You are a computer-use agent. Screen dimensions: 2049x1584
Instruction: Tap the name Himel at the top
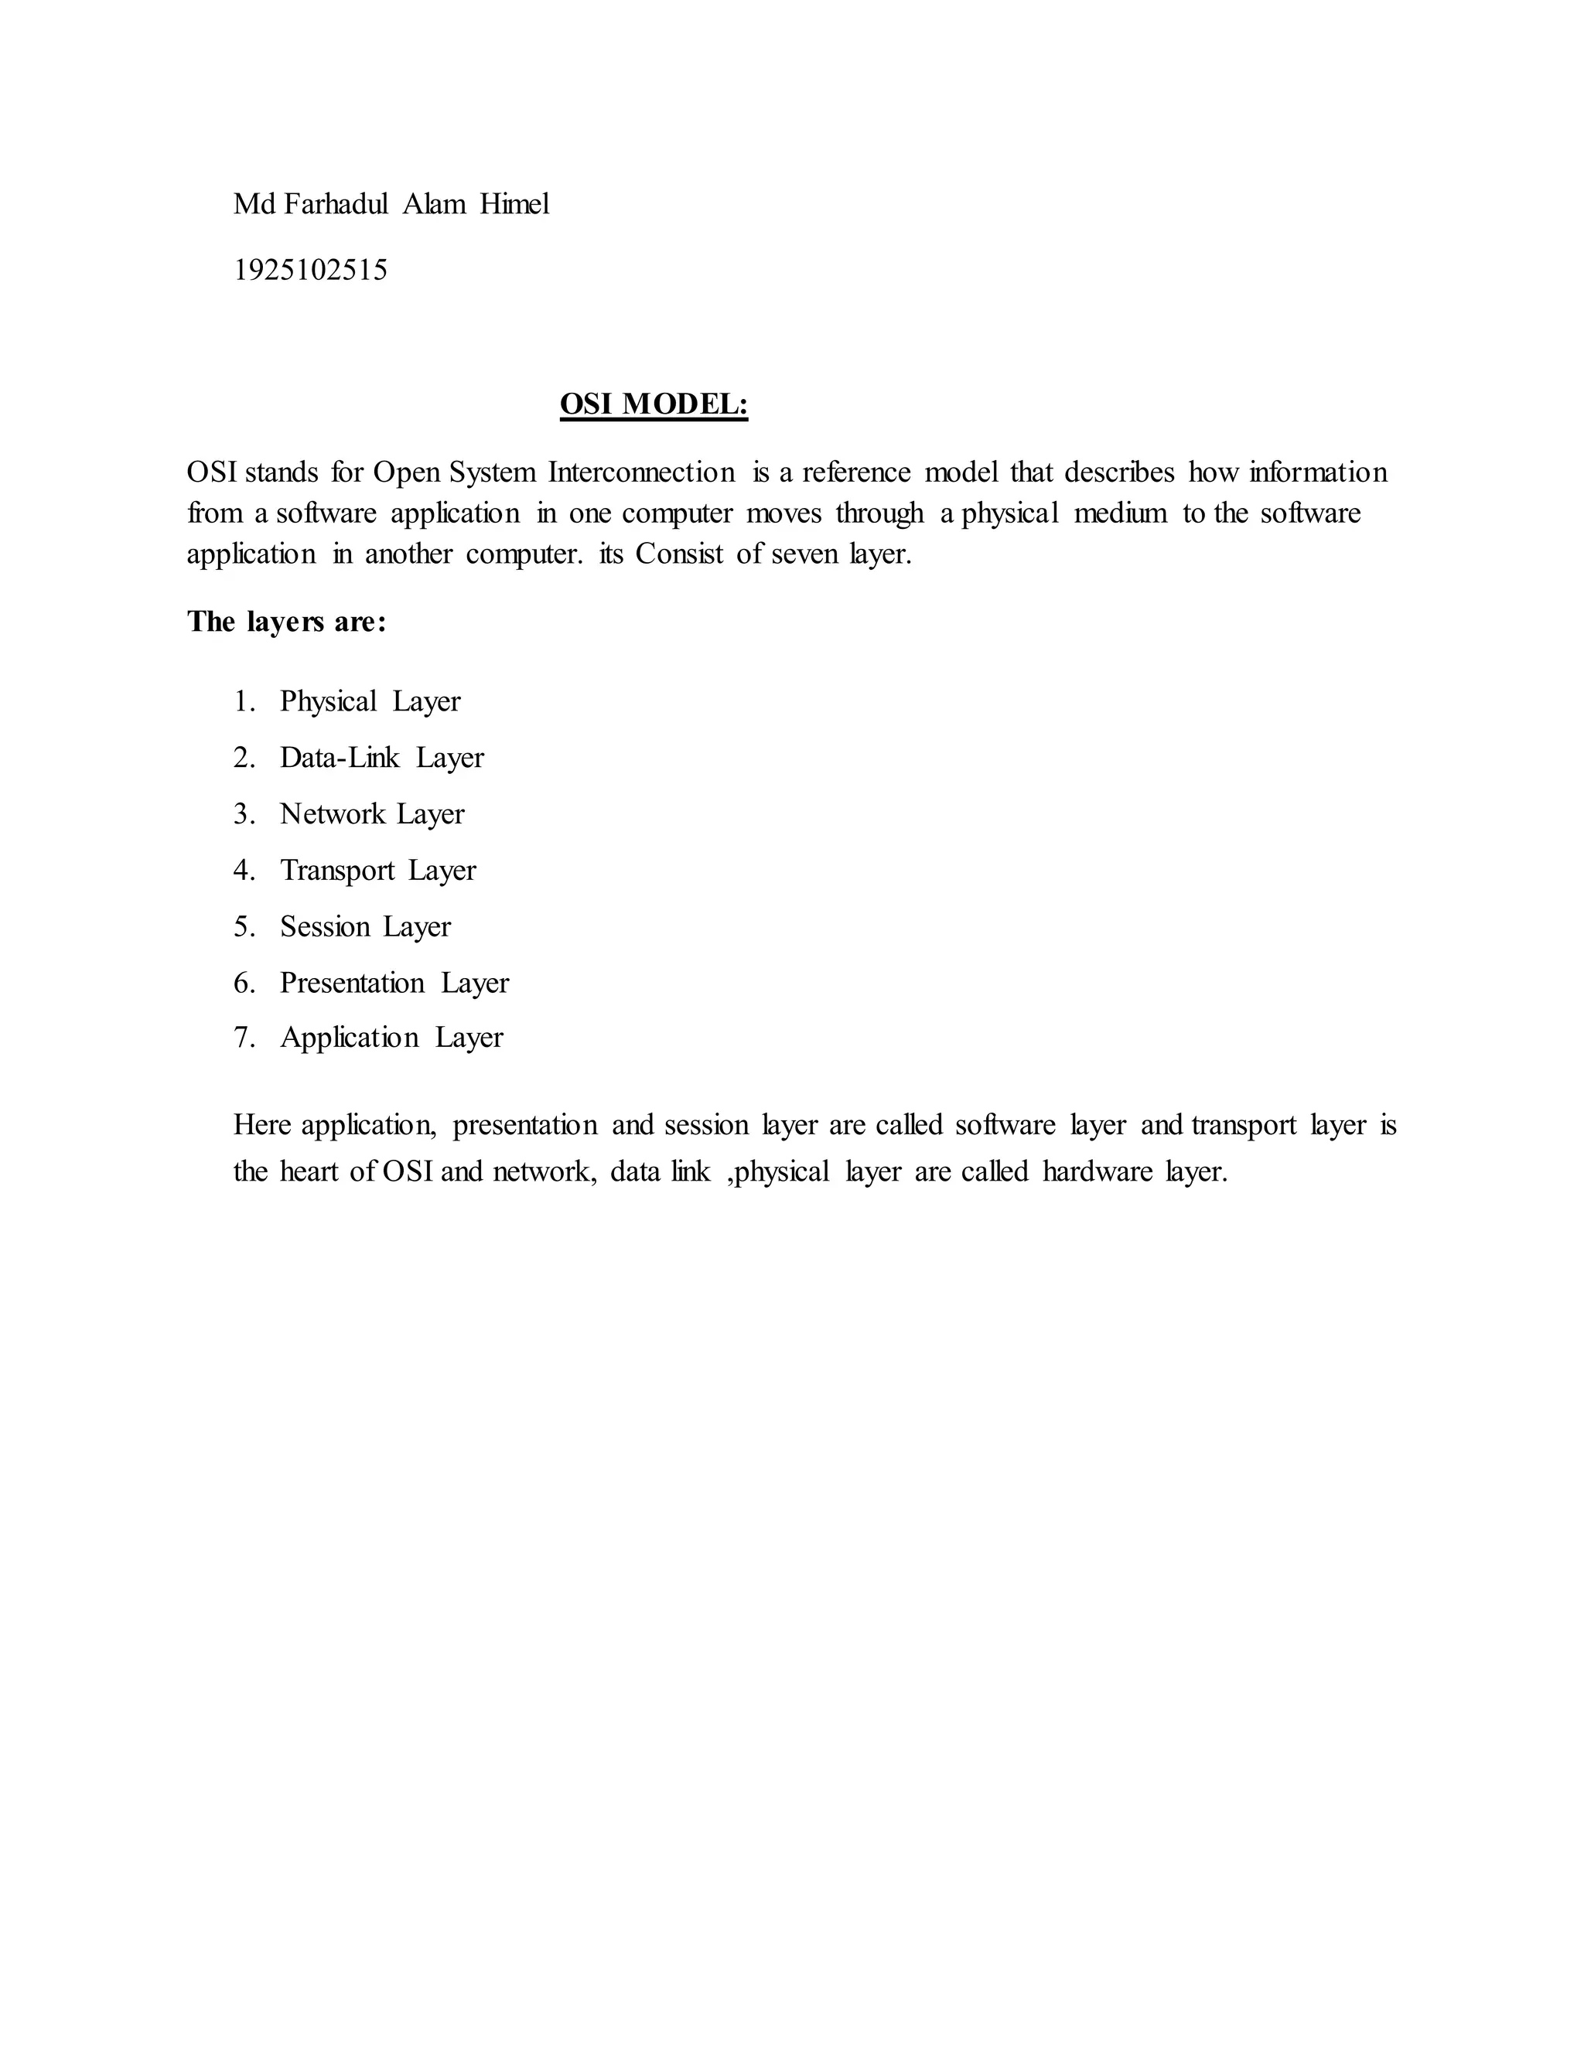coord(514,203)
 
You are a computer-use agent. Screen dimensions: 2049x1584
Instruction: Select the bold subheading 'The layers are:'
coord(286,621)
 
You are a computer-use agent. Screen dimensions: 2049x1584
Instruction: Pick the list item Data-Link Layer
coord(381,757)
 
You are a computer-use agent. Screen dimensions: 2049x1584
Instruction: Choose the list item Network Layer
coord(371,813)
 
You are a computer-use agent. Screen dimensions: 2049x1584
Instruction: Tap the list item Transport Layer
coord(377,870)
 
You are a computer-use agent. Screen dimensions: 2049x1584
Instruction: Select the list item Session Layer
coord(365,926)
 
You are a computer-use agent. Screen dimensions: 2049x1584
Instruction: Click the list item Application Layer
coord(391,1037)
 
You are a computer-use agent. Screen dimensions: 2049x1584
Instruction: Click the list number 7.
coord(243,1037)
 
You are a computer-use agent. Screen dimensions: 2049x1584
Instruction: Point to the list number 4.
coord(243,870)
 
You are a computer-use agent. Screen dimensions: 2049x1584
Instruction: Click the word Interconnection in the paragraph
coord(642,471)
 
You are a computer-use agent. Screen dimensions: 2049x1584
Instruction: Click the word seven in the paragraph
coord(804,554)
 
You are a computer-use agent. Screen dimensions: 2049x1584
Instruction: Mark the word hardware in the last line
coord(1096,1171)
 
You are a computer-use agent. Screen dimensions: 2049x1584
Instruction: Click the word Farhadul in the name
coord(335,203)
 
